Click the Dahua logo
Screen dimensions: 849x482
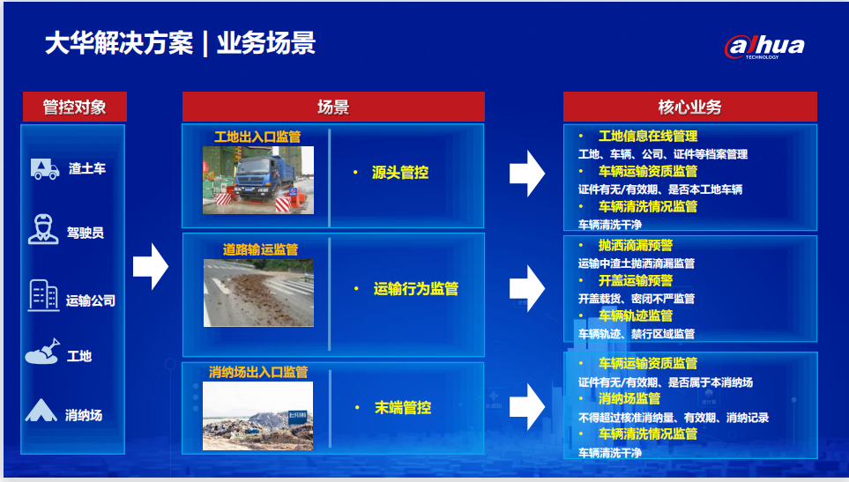764,47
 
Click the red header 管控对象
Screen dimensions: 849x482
75,107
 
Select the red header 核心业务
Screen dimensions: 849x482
689,107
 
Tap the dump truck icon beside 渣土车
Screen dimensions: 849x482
45,169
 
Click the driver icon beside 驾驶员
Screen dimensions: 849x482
43,229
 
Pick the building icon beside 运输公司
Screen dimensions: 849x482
43,295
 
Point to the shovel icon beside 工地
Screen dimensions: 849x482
42,352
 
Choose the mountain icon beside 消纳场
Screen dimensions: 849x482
41,411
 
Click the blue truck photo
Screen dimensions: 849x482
258,180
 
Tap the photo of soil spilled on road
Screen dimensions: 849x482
259,293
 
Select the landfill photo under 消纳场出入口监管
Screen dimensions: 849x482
257,416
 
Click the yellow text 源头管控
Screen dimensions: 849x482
400,173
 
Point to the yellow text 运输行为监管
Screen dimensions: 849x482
416,289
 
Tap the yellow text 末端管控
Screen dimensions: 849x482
403,407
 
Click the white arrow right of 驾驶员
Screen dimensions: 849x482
151,266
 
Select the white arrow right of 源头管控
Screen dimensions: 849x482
527,173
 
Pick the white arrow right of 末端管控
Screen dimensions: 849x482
527,407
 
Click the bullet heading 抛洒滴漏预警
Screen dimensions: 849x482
635,245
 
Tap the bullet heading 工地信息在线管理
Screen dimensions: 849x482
648,136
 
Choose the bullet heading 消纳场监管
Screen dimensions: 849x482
629,398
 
